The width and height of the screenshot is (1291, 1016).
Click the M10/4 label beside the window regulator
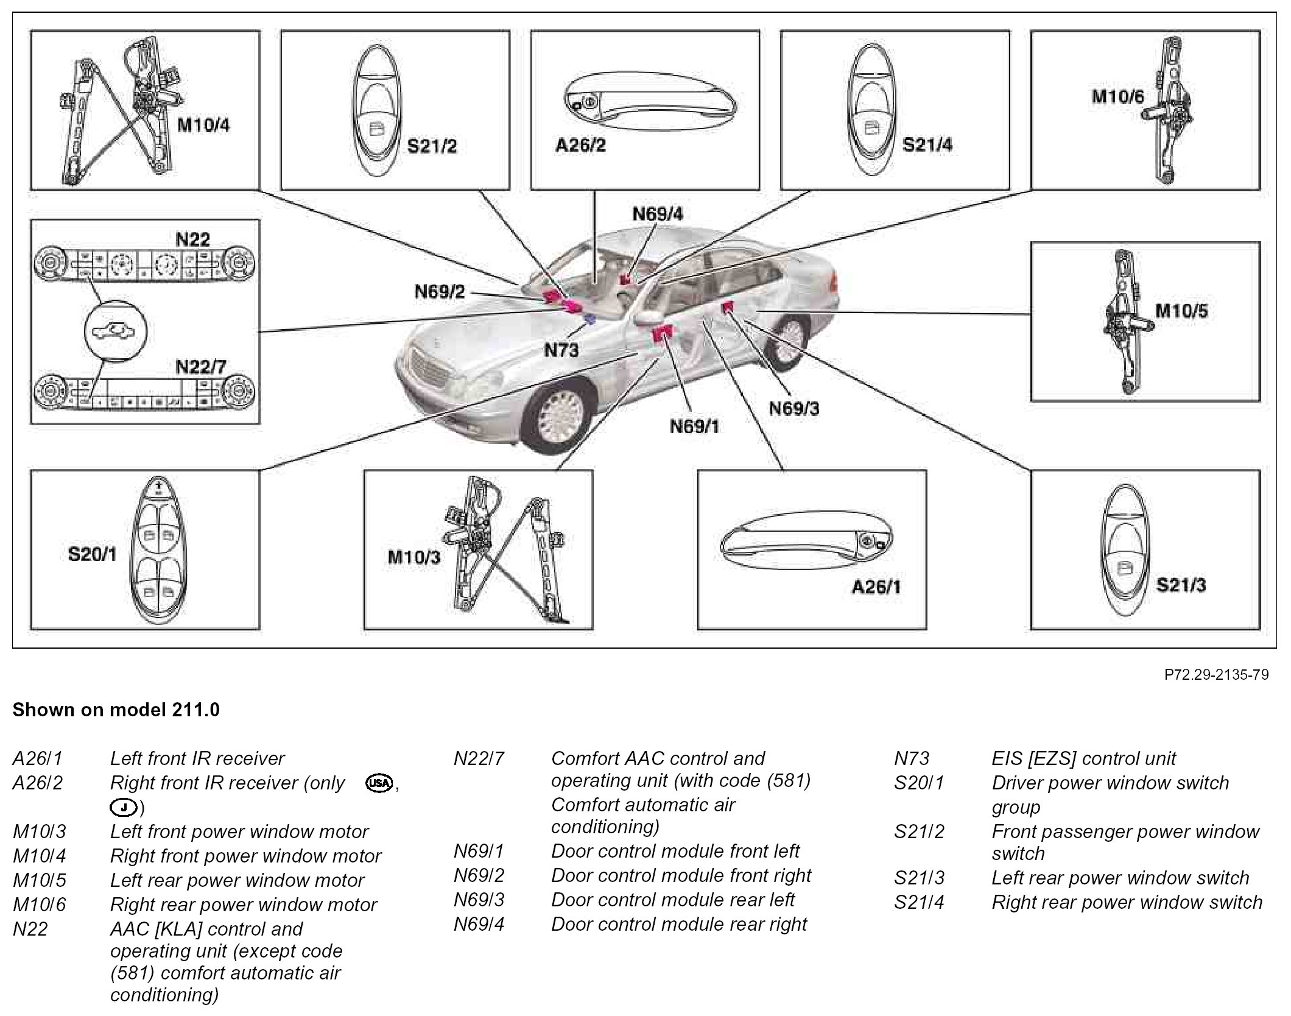[203, 126]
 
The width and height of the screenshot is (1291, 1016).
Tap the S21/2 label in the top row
[431, 147]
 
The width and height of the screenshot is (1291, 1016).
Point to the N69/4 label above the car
[657, 214]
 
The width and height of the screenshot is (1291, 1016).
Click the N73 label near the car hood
[561, 350]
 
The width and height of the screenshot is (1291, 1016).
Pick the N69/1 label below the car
[694, 426]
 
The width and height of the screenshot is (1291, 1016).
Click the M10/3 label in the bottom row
[414, 557]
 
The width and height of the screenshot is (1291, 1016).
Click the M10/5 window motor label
[1181, 311]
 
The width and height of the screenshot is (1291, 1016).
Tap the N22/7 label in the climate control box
[200, 367]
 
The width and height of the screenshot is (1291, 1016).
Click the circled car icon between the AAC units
[116, 331]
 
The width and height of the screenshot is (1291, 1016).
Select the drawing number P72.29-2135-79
[1216, 675]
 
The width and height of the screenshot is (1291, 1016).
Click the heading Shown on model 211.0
[116, 710]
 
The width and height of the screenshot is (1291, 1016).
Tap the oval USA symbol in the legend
[378, 783]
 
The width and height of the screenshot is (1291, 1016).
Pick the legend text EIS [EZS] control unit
[1083, 758]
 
